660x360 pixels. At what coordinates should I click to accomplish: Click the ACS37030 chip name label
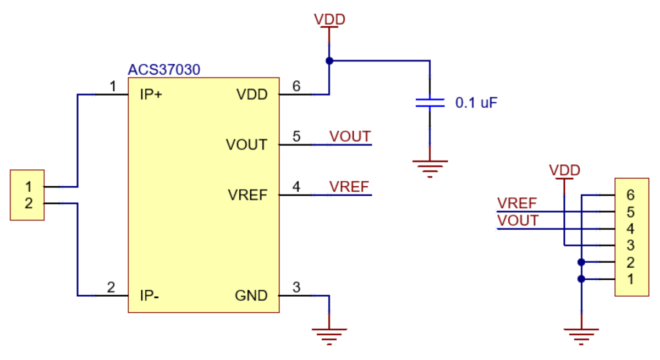pos(164,70)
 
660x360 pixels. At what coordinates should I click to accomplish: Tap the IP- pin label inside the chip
pos(150,296)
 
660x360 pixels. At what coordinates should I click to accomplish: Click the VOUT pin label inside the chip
pos(246,145)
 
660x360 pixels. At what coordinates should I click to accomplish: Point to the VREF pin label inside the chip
pos(248,195)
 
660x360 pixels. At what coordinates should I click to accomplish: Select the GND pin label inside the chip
pos(251,296)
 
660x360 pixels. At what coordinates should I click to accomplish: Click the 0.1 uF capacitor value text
pos(476,102)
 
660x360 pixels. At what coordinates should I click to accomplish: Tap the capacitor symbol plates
pos(430,102)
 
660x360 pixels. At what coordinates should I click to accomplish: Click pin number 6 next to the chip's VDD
pos(296,86)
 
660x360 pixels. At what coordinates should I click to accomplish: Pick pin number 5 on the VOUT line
pos(296,136)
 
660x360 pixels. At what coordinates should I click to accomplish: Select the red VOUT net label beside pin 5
pos(350,136)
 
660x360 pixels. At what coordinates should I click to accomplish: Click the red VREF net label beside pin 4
pos(349,186)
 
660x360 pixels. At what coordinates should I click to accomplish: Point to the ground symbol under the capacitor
pos(430,167)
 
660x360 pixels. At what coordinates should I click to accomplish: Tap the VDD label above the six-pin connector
pos(564,170)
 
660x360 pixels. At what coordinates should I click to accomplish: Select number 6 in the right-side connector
pos(630,195)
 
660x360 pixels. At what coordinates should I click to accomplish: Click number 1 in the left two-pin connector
pos(28,187)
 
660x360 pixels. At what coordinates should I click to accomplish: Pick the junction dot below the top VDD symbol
pos(329,61)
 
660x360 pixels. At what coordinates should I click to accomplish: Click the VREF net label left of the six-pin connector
pos(516,203)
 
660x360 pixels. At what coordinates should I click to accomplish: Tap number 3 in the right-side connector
pos(630,245)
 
